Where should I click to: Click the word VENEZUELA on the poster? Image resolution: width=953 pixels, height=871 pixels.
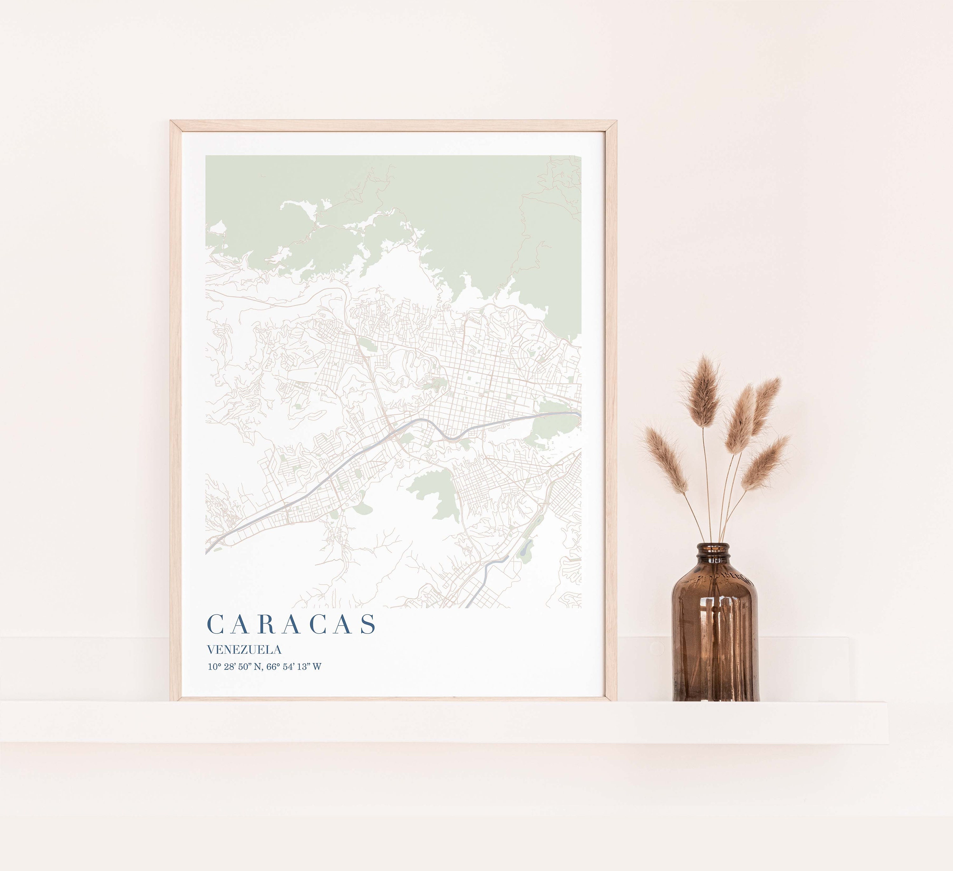[244, 650]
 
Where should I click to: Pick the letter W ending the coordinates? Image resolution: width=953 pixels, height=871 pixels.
[317, 667]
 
